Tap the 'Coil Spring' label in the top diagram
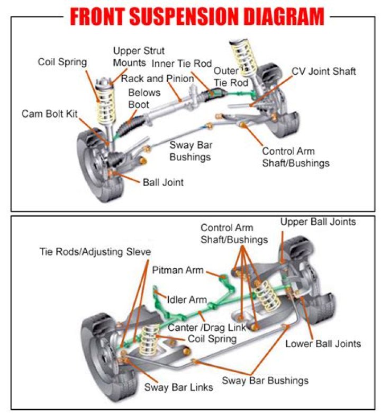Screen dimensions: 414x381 tap(62, 62)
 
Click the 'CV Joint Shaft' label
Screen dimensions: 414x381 tap(324, 71)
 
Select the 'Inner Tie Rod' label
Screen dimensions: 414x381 tap(182, 64)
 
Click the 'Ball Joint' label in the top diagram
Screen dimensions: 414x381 tap(163, 182)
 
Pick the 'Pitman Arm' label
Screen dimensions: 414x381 tap(178, 270)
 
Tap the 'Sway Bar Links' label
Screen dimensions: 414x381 tap(178, 387)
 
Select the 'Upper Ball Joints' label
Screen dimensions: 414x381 tap(318, 221)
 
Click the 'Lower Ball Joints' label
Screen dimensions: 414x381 tap(323, 343)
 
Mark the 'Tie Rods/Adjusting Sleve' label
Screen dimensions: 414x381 tap(95, 251)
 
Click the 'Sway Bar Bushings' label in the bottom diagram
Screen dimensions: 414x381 tap(265, 380)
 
